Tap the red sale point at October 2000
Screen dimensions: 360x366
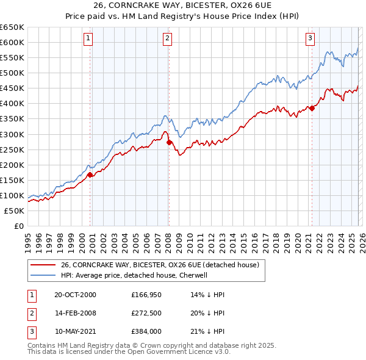[90, 175]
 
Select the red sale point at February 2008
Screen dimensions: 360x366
[169, 142]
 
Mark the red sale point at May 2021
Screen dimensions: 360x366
[312, 108]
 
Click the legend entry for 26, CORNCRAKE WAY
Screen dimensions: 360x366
[160, 265]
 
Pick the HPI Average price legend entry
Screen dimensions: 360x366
[134, 275]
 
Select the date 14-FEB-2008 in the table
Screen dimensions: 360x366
[75, 313]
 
